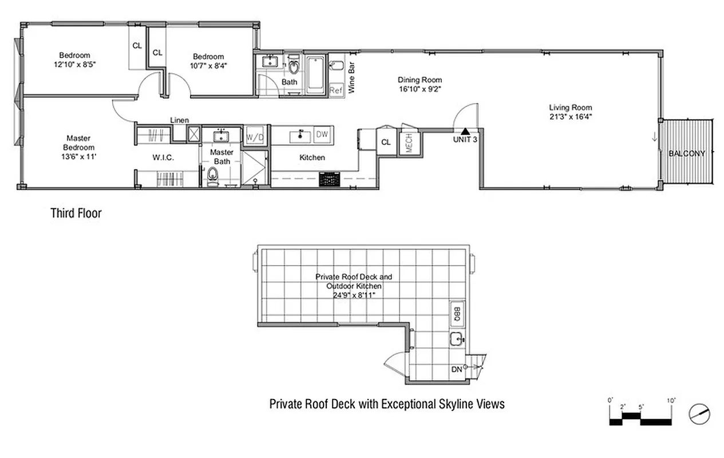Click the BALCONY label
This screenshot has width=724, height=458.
click(x=686, y=153)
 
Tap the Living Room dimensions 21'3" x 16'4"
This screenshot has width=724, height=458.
click(x=570, y=116)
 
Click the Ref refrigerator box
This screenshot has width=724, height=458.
click(x=336, y=90)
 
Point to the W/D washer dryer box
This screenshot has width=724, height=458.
click(x=255, y=137)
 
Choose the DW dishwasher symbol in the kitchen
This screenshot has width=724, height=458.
click(x=322, y=135)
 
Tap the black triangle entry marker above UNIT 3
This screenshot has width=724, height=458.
click(x=465, y=131)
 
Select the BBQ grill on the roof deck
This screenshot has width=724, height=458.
click(x=457, y=313)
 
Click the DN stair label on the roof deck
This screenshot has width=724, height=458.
click(x=457, y=370)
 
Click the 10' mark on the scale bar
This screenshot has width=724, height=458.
click(x=670, y=400)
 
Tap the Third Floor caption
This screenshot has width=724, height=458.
click(x=76, y=214)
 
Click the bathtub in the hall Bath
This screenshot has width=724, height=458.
click(x=315, y=74)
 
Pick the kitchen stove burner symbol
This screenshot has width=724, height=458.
click(x=330, y=180)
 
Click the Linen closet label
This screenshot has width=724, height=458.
click(x=180, y=120)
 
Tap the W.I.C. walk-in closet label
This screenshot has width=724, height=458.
click(x=163, y=157)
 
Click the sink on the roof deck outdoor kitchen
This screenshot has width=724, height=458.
click(x=457, y=339)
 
